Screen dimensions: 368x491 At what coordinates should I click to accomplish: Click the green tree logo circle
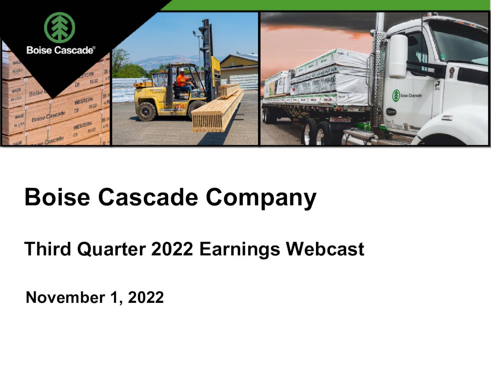59,27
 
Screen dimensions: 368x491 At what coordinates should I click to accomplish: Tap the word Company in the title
261,197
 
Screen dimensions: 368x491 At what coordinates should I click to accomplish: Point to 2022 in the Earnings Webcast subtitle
172,249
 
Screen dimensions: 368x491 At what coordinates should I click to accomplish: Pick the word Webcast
325,249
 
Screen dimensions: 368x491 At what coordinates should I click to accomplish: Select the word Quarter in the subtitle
111,249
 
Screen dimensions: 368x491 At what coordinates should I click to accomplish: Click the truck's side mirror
398,56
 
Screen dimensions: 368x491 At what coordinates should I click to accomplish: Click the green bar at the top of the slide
330,5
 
